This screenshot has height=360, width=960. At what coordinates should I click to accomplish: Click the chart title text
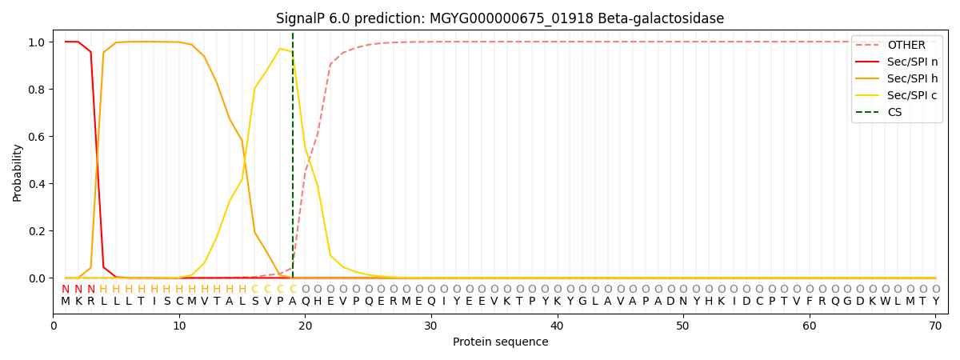500,18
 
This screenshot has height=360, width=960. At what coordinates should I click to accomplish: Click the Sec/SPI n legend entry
912,62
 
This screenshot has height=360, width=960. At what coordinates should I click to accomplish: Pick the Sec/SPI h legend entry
912,78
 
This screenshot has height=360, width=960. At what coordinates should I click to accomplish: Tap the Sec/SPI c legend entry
912,95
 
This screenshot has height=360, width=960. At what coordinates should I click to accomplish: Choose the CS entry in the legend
894,112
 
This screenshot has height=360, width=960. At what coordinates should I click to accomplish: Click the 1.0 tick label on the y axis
37,42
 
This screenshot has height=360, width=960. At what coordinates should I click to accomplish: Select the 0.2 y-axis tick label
37,231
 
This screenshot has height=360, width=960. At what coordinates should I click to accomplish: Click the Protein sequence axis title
500,342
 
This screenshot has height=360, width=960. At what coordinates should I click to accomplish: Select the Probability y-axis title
18,172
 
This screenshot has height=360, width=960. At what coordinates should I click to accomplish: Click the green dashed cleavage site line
293,160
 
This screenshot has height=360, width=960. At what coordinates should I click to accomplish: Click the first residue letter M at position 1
66,302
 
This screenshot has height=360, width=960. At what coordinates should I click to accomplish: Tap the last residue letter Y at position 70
935,302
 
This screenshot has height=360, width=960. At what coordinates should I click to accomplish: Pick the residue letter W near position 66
885,302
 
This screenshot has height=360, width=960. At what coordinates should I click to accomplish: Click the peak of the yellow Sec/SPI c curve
280,48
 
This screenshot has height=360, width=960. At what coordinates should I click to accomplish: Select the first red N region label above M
66,289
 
